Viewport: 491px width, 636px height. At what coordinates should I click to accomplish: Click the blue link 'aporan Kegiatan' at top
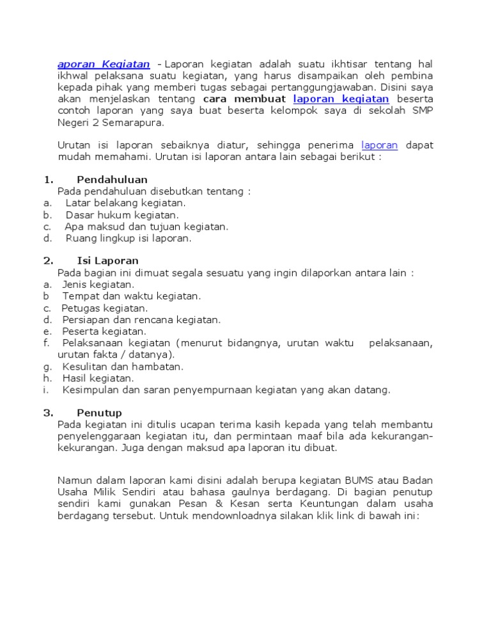click(104, 64)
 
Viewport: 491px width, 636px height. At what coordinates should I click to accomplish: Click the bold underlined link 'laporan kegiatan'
click(341, 99)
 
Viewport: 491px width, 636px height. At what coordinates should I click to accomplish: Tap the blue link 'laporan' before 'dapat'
click(379, 145)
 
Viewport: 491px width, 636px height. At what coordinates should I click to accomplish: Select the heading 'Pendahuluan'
click(112, 180)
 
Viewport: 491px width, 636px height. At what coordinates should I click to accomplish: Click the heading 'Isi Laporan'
click(107, 261)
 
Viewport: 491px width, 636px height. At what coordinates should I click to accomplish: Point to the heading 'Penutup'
click(99, 413)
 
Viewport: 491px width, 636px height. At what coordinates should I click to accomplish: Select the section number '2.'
click(48, 261)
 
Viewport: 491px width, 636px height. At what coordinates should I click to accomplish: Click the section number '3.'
click(48, 413)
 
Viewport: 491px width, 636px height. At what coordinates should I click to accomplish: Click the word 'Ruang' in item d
click(80, 238)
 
